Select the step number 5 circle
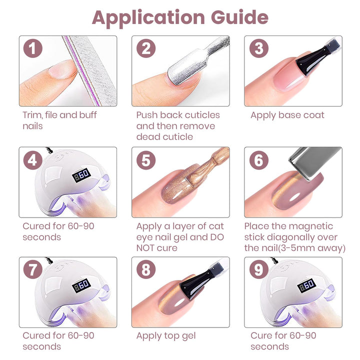click(145, 160)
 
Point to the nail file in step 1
click(92, 70)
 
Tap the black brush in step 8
click(197, 280)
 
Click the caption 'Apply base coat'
click(287, 115)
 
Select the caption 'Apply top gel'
click(166, 336)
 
